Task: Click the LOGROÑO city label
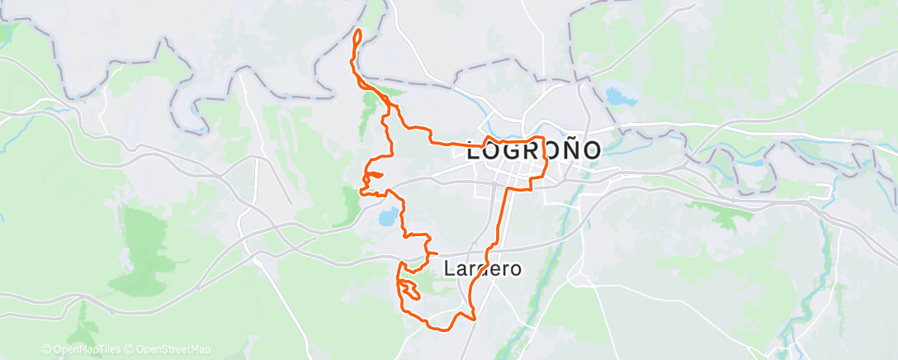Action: (x=534, y=152)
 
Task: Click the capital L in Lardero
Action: (x=450, y=268)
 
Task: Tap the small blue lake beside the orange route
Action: (x=385, y=218)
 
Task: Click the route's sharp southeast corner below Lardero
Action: (x=476, y=316)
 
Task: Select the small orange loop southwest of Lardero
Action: (x=409, y=290)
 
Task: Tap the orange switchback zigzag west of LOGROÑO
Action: (x=371, y=178)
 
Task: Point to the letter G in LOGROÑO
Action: (x=515, y=152)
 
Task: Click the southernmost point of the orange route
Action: (x=446, y=329)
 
